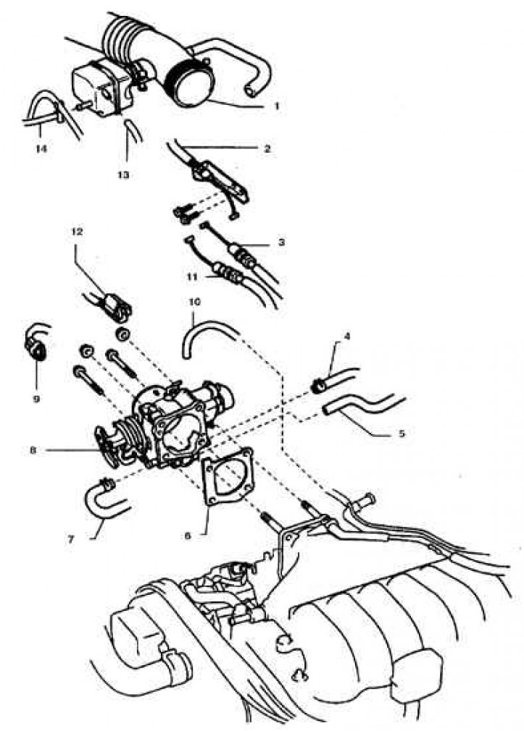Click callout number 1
276,106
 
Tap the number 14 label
39,148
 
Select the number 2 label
267,148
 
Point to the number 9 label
36,398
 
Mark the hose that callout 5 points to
355,405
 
